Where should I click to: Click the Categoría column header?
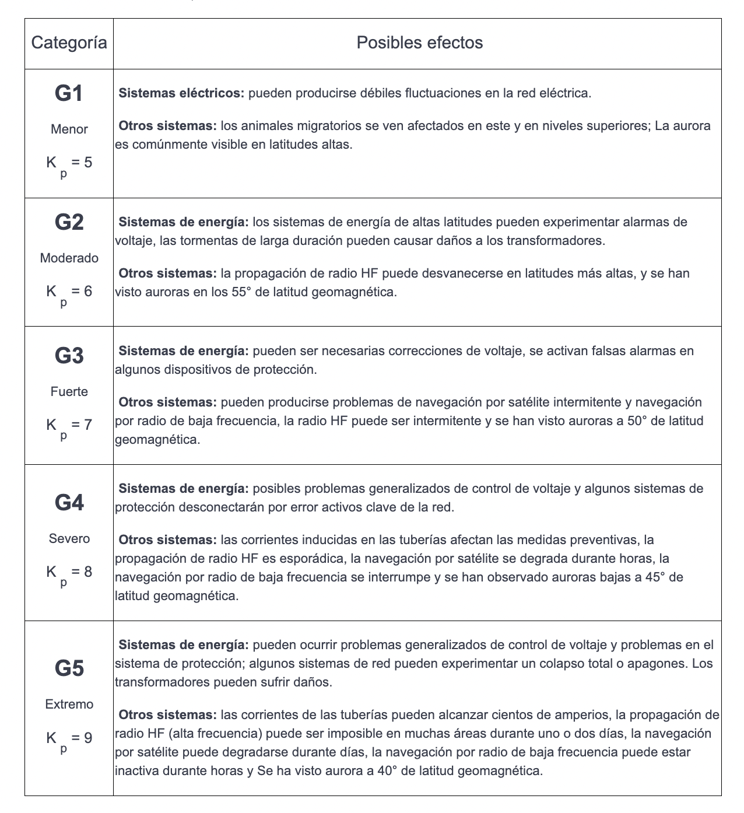(x=69, y=43)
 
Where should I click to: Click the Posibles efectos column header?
(x=419, y=43)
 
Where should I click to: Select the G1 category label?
(x=69, y=94)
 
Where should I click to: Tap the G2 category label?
(x=69, y=222)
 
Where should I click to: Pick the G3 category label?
(x=69, y=356)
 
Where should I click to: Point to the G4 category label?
(x=69, y=503)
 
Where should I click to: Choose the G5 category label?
(x=69, y=668)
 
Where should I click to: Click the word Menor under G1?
(x=69, y=129)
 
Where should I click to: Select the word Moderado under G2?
(x=69, y=258)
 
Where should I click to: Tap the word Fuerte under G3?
(x=69, y=392)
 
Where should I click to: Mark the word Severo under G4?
(x=69, y=539)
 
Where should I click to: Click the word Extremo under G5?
(x=69, y=705)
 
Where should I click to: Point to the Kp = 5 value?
(x=69, y=163)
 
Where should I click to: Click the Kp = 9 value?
(x=69, y=739)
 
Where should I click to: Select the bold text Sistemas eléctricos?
(x=181, y=93)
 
